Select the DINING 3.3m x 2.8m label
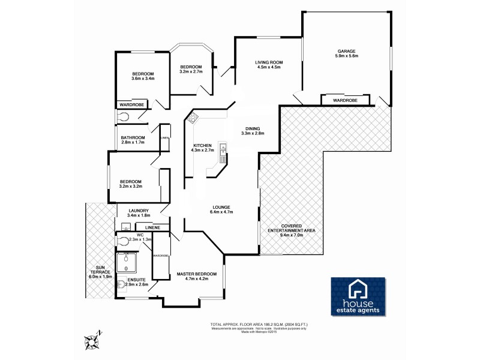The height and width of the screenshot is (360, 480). coord(253,131)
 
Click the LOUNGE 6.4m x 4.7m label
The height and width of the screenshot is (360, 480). coord(221,209)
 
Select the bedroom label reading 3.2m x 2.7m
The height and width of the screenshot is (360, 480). coord(191,69)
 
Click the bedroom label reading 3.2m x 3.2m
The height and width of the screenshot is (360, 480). coord(130,184)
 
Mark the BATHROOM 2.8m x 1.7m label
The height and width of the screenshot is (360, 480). coord(133,140)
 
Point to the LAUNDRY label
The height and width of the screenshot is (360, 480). coord(139,212)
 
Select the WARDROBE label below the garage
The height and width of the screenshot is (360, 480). coord(345,100)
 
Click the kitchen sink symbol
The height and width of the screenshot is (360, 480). coord(223,153)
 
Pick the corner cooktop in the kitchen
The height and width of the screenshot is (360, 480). coord(194,118)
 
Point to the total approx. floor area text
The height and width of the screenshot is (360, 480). coord(266,323)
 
